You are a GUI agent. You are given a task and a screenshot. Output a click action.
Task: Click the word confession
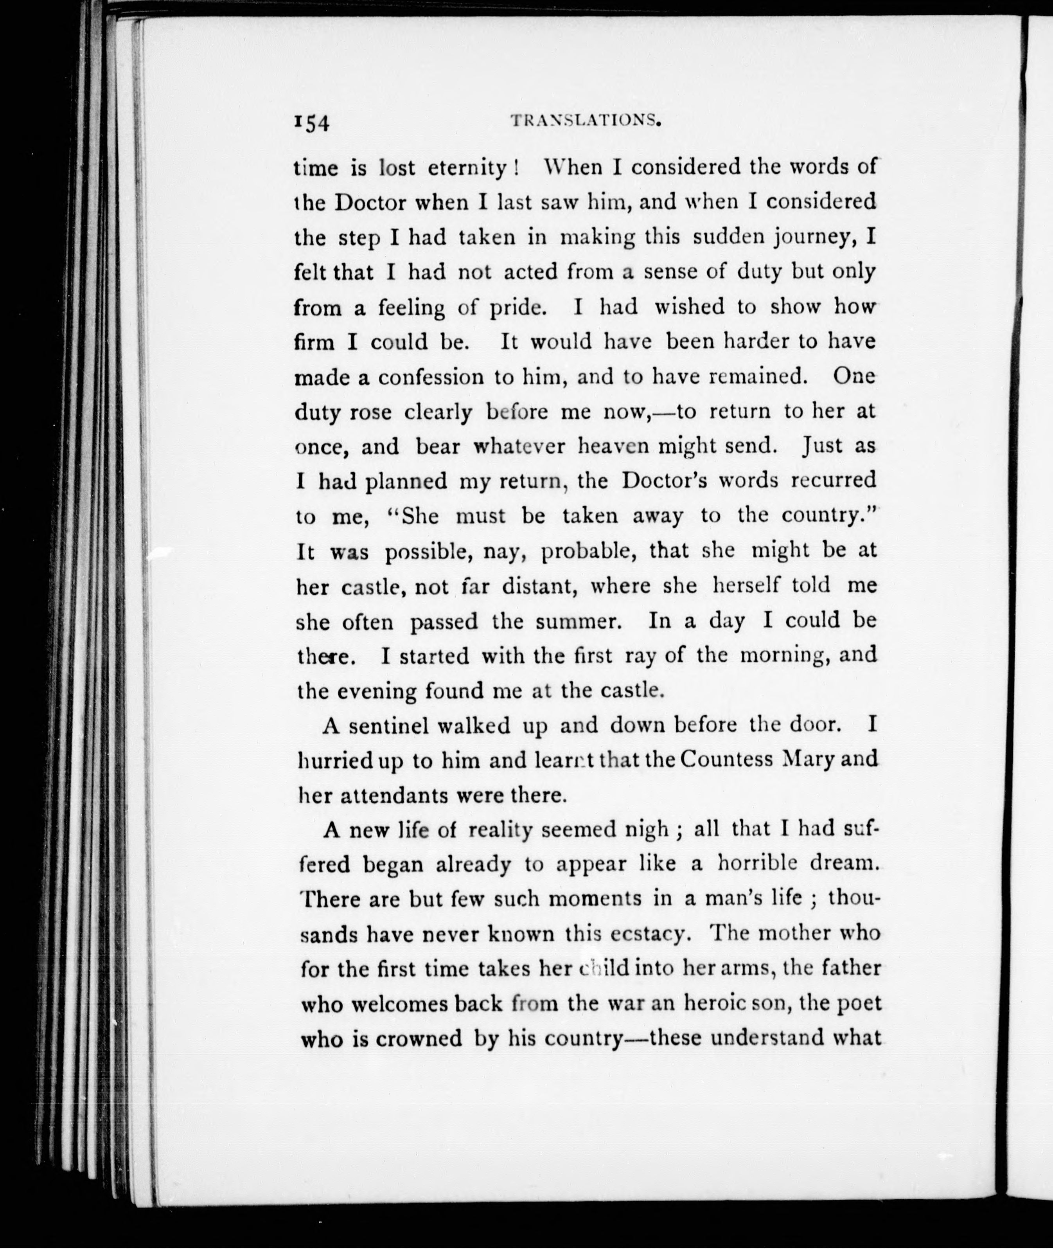point(431,377)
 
